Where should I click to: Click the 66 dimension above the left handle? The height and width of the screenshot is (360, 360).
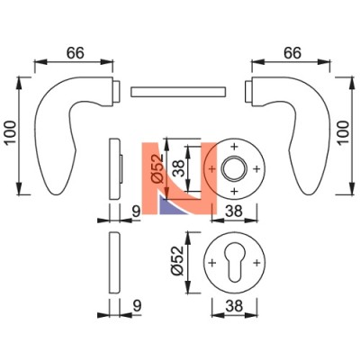tap(76, 53)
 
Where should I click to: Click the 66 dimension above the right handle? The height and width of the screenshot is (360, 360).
tap(292, 53)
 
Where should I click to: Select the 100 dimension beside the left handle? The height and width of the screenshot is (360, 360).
tap(10, 132)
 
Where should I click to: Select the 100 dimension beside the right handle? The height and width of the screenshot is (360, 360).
tap(344, 132)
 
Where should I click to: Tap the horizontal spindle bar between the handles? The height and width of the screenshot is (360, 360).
tap(178, 92)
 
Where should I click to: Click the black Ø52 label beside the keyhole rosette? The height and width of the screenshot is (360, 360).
tap(176, 260)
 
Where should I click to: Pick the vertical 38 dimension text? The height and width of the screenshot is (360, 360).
tap(178, 168)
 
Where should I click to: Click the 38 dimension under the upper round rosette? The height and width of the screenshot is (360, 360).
tap(234, 211)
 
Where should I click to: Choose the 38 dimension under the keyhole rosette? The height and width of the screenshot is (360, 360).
tap(234, 306)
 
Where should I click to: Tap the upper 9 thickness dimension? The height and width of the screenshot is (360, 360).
tap(136, 211)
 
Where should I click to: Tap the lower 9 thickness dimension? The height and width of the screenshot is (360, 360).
tap(137, 306)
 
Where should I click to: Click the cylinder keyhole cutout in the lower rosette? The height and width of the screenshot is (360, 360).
tap(234, 261)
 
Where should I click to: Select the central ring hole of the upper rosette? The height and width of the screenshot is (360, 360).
tap(234, 168)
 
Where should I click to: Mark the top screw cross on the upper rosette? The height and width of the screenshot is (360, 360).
tap(234, 147)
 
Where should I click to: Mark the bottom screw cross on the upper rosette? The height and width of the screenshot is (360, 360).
tap(234, 191)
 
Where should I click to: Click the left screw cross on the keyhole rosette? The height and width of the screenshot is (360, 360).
tap(212, 263)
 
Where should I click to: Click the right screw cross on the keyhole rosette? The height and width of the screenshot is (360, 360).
tap(256, 263)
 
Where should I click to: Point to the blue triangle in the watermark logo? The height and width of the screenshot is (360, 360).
tap(171, 206)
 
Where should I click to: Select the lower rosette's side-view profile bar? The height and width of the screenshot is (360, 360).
tap(114, 263)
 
